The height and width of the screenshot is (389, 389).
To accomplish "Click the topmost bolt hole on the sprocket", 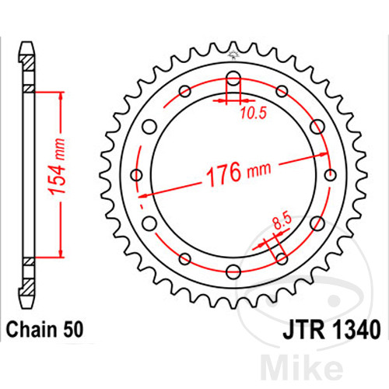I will point(233,78).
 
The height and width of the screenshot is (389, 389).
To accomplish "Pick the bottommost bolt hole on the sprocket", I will point(233,270).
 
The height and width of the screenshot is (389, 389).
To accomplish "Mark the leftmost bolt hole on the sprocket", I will point(138,175).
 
